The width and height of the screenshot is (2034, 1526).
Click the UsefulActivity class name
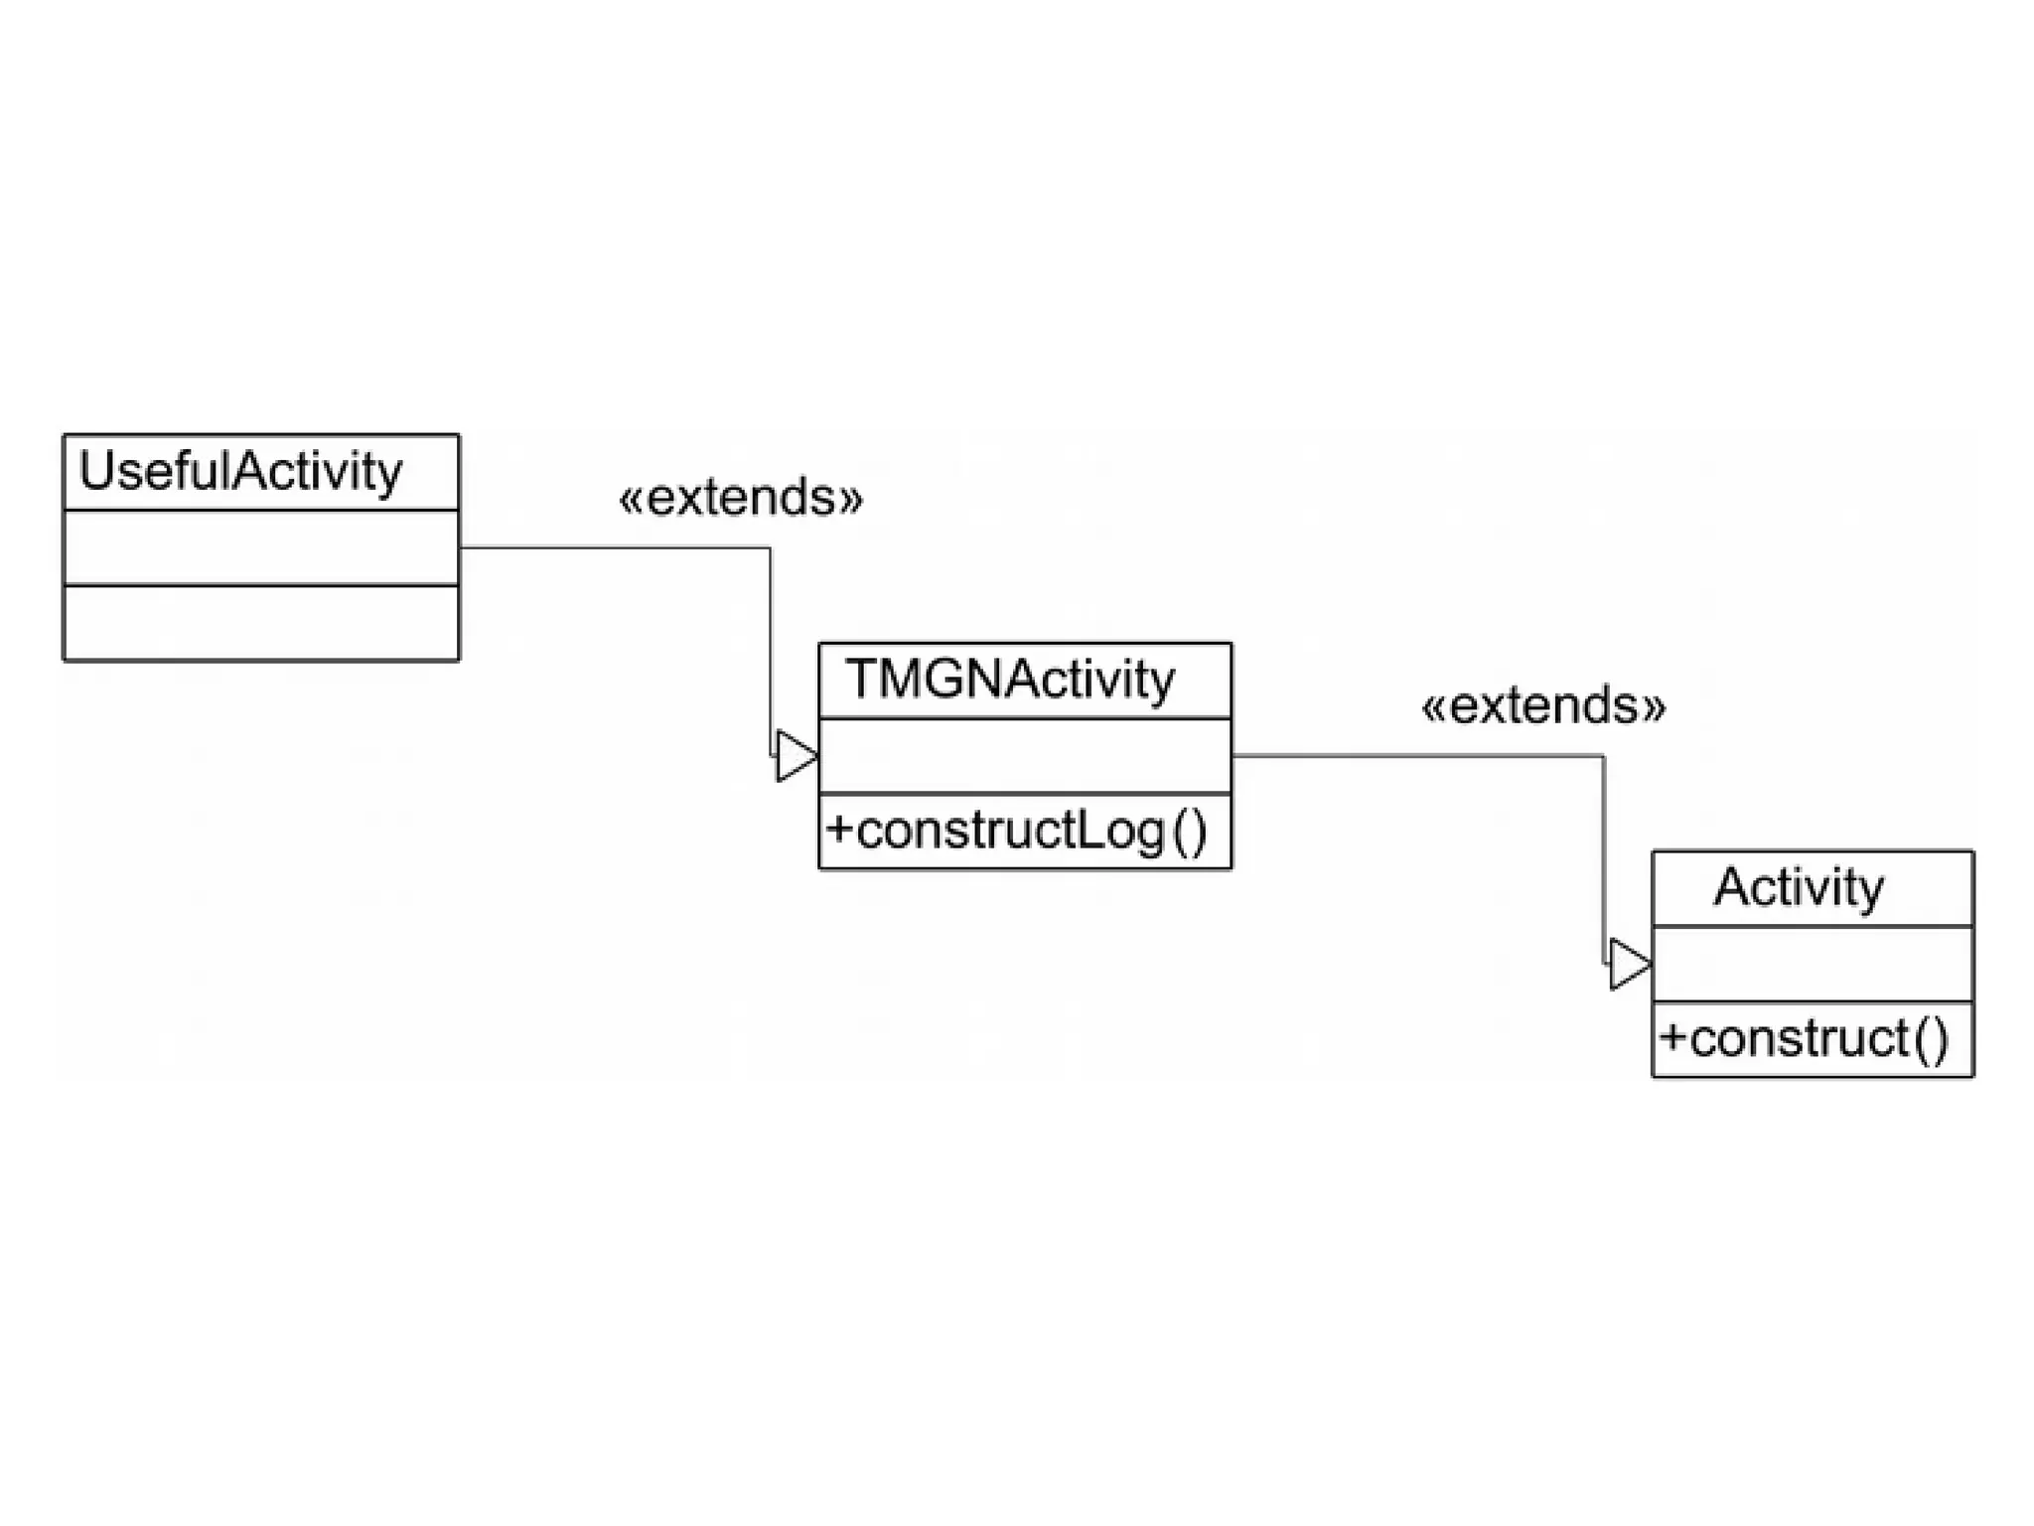(240, 472)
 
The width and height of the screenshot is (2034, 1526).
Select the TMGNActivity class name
(1010, 681)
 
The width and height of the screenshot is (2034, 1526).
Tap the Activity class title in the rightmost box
(1799, 887)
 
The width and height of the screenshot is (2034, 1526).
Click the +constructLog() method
(1016, 831)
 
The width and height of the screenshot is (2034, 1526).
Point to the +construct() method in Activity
(1804, 1039)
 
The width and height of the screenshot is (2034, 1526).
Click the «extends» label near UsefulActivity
(741, 498)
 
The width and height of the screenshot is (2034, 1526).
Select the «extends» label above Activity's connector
(1543, 706)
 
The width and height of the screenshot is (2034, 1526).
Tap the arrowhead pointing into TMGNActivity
(796, 756)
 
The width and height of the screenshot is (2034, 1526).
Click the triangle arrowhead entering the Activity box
(1629, 964)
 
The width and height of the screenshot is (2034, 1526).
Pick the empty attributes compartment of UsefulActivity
(261, 547)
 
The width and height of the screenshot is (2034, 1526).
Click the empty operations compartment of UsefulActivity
(261, 623)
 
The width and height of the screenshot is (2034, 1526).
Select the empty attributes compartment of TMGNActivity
(1025, 756)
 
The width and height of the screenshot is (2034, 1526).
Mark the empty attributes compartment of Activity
(1813, 964)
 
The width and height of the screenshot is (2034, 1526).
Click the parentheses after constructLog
(1190, 832)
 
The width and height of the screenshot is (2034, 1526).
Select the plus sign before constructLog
(839, 829)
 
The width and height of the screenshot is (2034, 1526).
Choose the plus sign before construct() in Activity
(1672, 1037)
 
